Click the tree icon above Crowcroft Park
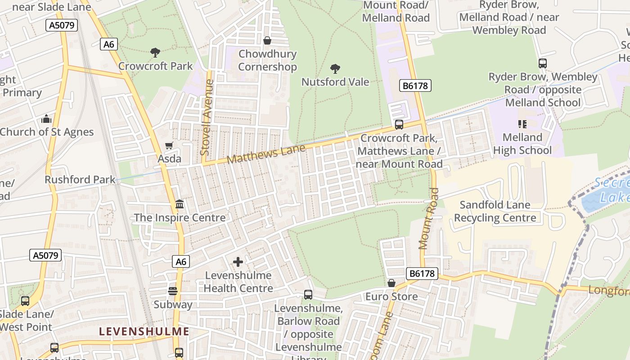pyautogui.click(x=155, y=53)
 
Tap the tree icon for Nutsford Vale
pyautogui.click(x=335, y=69)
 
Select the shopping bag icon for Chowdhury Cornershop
pyautogui.click(x=267, y=41)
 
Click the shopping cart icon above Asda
pyautogui.click(x=169, y=145)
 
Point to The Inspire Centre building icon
pyautogui.click(x=180, y=204)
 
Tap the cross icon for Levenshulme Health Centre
pyautogui.click(x=238, y=262)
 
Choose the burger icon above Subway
pyautogui.click(x=173, y=291)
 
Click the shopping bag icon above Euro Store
pyautogui.click(x=391, y=283)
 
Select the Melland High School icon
pyautogui.click(x=522, y=124)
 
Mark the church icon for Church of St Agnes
pyautogui.click(x=46, y=119)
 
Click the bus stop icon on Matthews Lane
pyautogui.click(x=399, y=125)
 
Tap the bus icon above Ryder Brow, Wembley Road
pyautogui.click(x=543, y=63)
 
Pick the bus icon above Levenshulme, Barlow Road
pyautogui.click(x=308, y=295)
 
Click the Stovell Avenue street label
pyautogui.click(x=207, y=117)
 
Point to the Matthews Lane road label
pyautogui.click(x=266, y=154)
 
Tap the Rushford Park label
pyautogui.click(x=80, y=180)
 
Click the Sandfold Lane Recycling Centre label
pyautogui.click(x=495, y=211)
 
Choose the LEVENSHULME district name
pyautogui.click(x=144, y=332)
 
